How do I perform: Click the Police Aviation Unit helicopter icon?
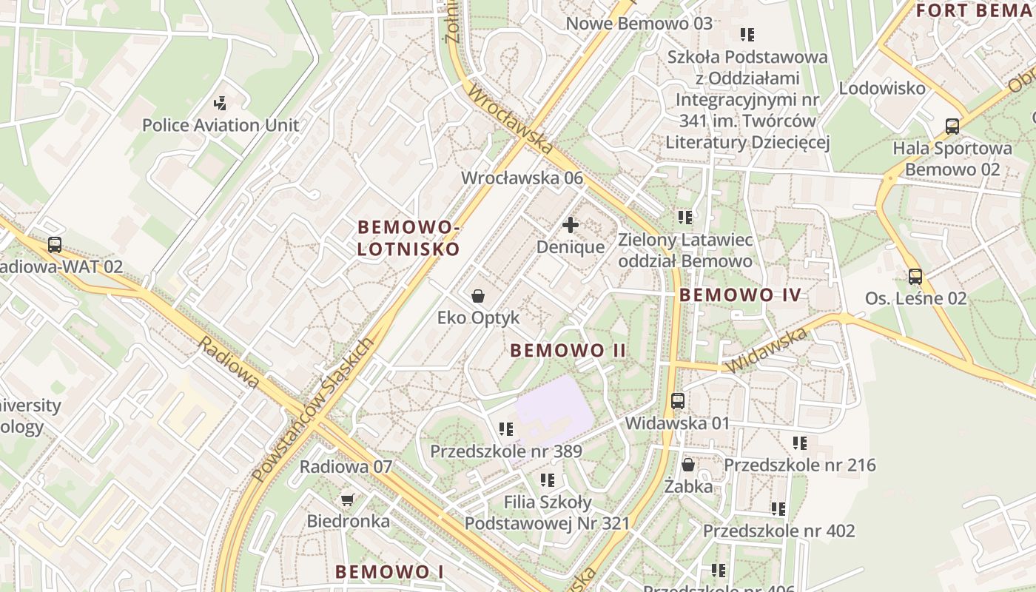220,103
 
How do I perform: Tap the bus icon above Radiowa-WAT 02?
54,245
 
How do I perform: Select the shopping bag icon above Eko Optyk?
478,296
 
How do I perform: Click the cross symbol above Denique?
571,224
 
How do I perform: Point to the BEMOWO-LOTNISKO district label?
408,238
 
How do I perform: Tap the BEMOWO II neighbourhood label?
568,351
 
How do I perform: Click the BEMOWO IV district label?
740,295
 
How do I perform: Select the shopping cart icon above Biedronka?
348,499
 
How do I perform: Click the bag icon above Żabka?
688,465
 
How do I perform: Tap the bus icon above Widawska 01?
678,401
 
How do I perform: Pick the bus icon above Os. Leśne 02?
915,277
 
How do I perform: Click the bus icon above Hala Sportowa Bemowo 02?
952,126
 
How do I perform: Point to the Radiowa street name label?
229,363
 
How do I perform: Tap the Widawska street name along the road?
766,351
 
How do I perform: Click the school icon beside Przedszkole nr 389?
506,429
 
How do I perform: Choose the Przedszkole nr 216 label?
799,465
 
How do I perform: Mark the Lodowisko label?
881,88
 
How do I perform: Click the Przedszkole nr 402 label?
778,531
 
